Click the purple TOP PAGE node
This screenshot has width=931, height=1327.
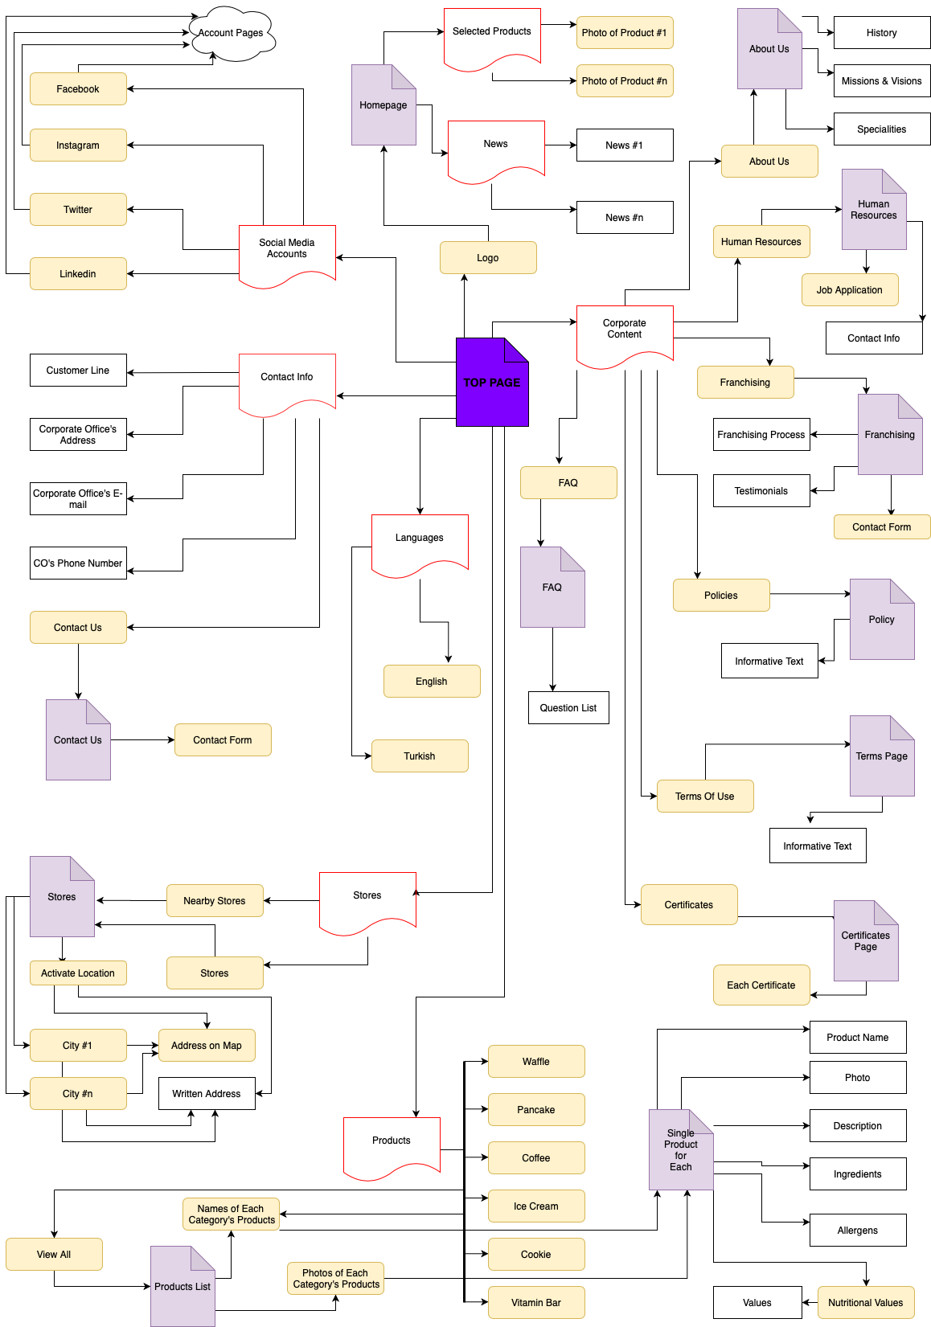tap(491, 383)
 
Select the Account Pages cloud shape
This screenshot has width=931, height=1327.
tap(231, 34)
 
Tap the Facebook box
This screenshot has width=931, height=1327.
tap(78, 89)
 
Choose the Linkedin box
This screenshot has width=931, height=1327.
tap(78, 274)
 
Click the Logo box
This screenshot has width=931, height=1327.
tap(488, 258)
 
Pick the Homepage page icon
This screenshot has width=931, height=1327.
tap(383, 105)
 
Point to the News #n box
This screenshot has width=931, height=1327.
tap(625, 218)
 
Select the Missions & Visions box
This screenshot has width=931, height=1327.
tap(881, 81)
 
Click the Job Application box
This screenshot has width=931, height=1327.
tap(850, 290)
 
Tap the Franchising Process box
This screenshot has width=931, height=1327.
tap(761, 435)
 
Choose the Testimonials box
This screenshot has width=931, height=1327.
tap(761, 491)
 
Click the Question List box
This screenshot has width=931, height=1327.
tap(568, 708)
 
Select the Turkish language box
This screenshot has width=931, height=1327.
tap(420, 756)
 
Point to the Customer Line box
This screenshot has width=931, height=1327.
tap(78, 371)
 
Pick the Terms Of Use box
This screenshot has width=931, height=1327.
tap(705, 797)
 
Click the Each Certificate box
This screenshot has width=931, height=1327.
tap(761, 985)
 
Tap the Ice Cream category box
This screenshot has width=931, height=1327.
tap(536, 1206)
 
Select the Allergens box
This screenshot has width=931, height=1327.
tap(858, 1231)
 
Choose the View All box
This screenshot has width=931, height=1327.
tap(54, 1255)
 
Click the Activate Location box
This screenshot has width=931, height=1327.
tap(78, 973)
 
